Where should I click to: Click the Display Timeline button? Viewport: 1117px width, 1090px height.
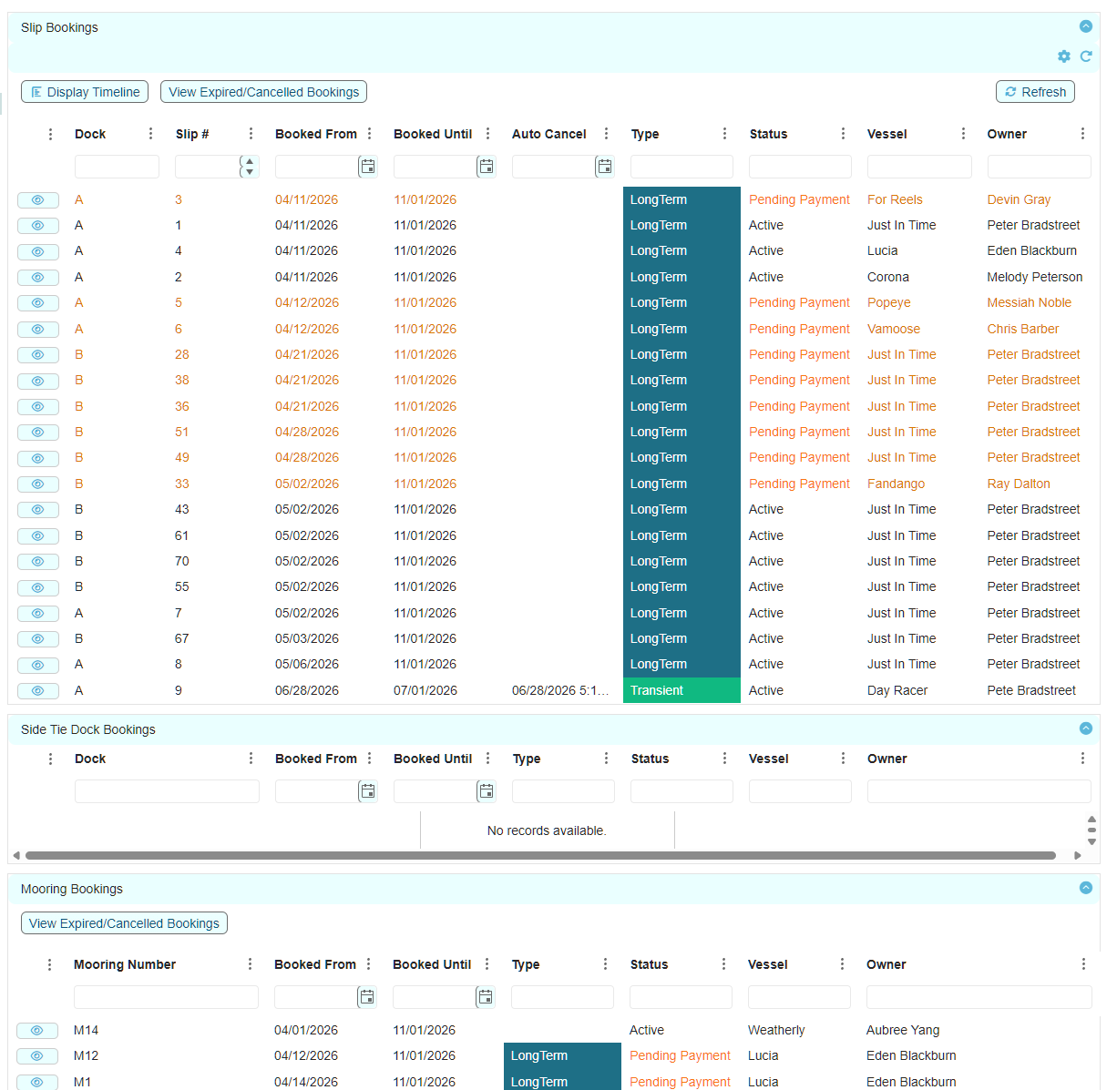(85, 92)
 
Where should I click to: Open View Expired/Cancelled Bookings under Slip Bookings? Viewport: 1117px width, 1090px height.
(263, 92)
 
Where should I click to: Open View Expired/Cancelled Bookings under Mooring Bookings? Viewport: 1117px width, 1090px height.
(124, 923)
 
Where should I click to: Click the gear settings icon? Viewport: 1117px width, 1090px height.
(1063, 56)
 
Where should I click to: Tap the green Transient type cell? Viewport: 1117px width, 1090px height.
(681, 690)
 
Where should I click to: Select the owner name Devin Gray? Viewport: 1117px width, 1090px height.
(1019, 199)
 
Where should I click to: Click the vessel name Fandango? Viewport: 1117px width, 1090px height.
(896, 484)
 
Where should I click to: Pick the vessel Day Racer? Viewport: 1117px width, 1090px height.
(897, 690)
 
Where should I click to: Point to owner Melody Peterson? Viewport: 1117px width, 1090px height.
(1034, 277)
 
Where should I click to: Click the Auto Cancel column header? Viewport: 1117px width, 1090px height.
(548, 134)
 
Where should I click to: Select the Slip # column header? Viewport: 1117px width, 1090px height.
(192, 134)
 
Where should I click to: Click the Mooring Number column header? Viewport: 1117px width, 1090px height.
(125, 964)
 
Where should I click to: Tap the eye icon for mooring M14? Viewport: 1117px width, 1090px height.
(37, 1030)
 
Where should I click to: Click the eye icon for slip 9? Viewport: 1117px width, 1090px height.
(38, 691)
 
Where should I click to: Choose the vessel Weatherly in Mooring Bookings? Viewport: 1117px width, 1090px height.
(776, 1030)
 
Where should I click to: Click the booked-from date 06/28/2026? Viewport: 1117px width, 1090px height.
(306, 690)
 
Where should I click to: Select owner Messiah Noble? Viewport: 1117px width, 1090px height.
(1029, 302)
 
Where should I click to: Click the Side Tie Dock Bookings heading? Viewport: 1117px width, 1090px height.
(87, 729)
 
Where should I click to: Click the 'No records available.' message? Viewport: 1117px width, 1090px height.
(547, 830)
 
